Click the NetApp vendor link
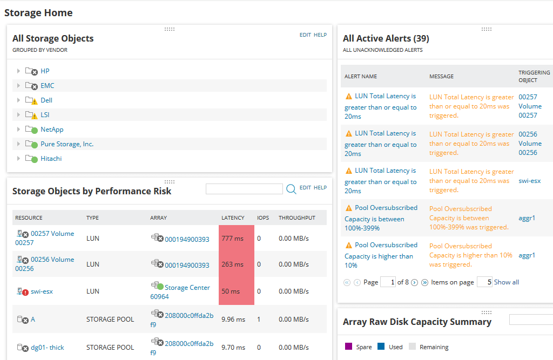tap(52, 130)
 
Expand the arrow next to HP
tap(18, 71)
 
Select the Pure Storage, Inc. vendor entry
tap(67, 144)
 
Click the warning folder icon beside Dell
tap(31, 100)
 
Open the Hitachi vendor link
tap(51, 159)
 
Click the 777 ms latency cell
tap(236, 238)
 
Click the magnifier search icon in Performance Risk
tap(291, 189)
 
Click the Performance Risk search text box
tap(244, 189)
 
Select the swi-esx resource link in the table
tap(42, 291)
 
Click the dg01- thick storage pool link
tap(47, 348)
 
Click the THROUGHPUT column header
tap(296, 218)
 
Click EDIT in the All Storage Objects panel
tap(305, 35)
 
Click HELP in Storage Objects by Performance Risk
tap(320, 188)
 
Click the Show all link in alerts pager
tap(507, 282)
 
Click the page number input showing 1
tap(388, 282)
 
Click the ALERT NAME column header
tap(361, 77)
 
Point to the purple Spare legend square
tap(348, 347)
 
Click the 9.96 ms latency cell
tap(233, 320)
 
